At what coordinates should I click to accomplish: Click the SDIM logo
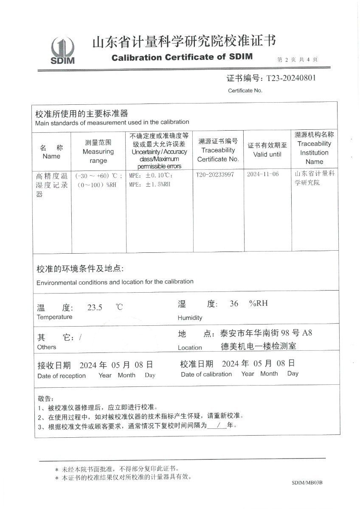coord(62,50)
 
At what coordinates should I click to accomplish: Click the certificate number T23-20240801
coord(291,78)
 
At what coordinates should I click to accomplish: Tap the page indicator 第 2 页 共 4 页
coord(297,60)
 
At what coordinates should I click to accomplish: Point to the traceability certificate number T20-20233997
coord(215,175)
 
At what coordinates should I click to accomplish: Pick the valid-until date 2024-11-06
coord(263,175)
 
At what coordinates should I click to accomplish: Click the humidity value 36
coord(234,304)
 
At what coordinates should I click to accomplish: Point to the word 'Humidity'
coord(190,318)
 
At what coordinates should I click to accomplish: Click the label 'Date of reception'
coord(62,376)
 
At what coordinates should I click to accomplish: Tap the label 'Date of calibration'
coord(206,374)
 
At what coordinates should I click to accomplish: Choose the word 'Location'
coord(190,348)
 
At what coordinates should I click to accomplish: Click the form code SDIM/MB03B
coord(307,483)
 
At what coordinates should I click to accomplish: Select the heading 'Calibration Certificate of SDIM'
coord(182,57)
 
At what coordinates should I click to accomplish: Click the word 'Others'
coord(47,347)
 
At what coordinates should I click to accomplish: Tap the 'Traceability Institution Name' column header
coord(314,148)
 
